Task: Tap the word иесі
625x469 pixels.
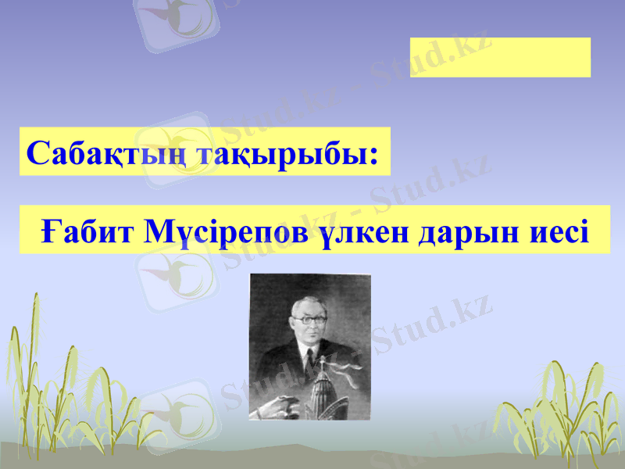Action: coord(555,231)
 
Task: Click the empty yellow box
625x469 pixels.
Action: coord(500,57)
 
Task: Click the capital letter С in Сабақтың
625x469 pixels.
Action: coord(37,152)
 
